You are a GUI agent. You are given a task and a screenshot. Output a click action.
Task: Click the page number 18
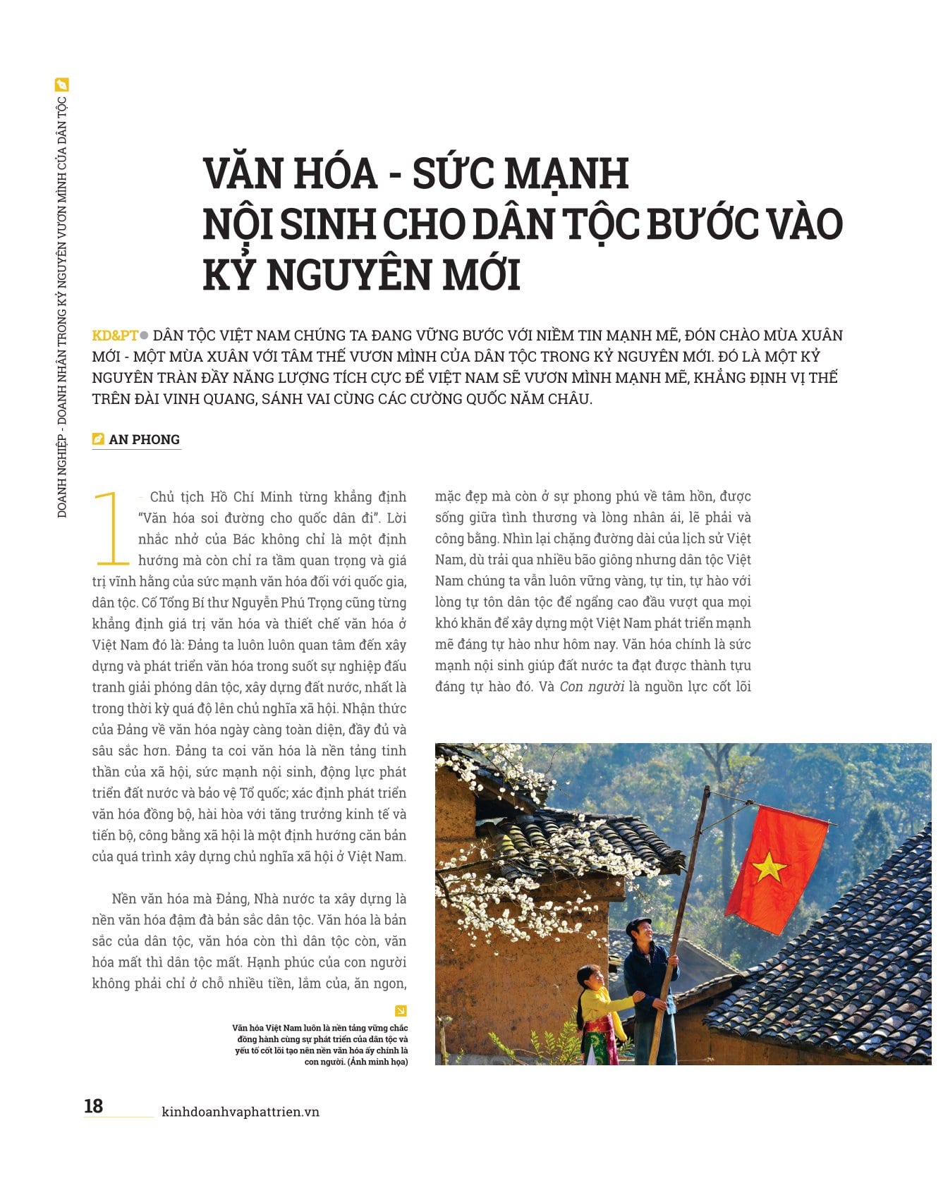tap(94, 1105)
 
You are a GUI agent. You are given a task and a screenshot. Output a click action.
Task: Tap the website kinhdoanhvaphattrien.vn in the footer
tap(241, 1112)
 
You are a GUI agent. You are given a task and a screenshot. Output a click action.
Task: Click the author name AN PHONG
tap(144, 439)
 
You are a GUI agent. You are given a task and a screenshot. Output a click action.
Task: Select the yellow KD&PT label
tap(115, 336)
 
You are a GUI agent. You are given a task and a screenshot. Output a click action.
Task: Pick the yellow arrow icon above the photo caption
tap(401, 1010)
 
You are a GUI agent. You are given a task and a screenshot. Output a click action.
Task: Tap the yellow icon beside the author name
tap(99, 439)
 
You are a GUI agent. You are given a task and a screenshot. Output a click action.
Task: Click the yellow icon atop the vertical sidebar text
tap(62, 85)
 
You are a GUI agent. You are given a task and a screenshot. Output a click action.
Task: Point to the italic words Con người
tap(592, 687)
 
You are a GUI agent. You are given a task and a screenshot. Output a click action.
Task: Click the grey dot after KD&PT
tap(145, 336)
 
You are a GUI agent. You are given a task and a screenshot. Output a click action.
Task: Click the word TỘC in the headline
tap(595, 224)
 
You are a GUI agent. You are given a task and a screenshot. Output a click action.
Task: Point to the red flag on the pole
tap(776, 867)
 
